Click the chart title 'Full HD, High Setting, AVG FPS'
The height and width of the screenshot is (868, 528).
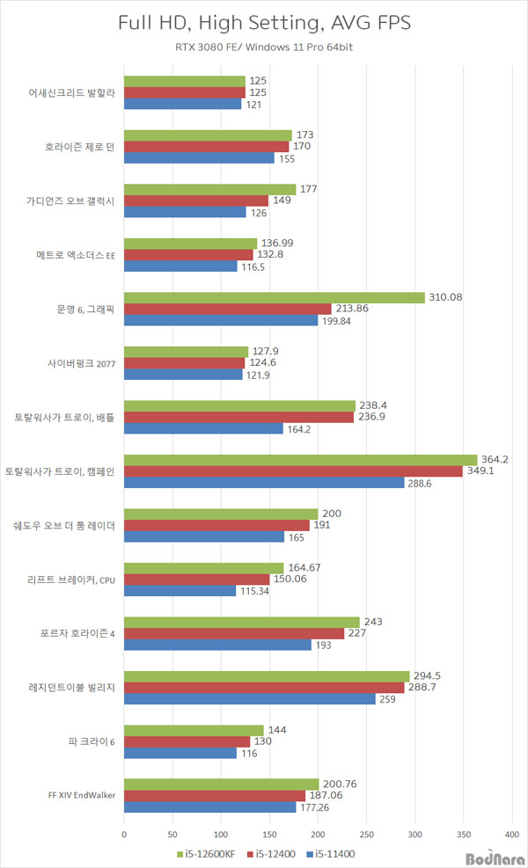pos(263,23)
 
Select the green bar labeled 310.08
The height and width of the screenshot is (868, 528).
pos(275,297)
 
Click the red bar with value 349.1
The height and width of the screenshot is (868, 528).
pos(293,471)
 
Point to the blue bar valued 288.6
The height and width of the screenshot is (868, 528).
pos(264,483)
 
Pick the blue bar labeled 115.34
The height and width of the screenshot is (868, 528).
pos(180,591)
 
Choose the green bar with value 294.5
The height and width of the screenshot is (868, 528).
pos(267,676)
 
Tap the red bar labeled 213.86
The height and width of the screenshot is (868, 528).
pos(228,309)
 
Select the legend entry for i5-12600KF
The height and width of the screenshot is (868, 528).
pos(209,853)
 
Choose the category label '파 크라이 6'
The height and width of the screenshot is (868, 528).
pos(93,742)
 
